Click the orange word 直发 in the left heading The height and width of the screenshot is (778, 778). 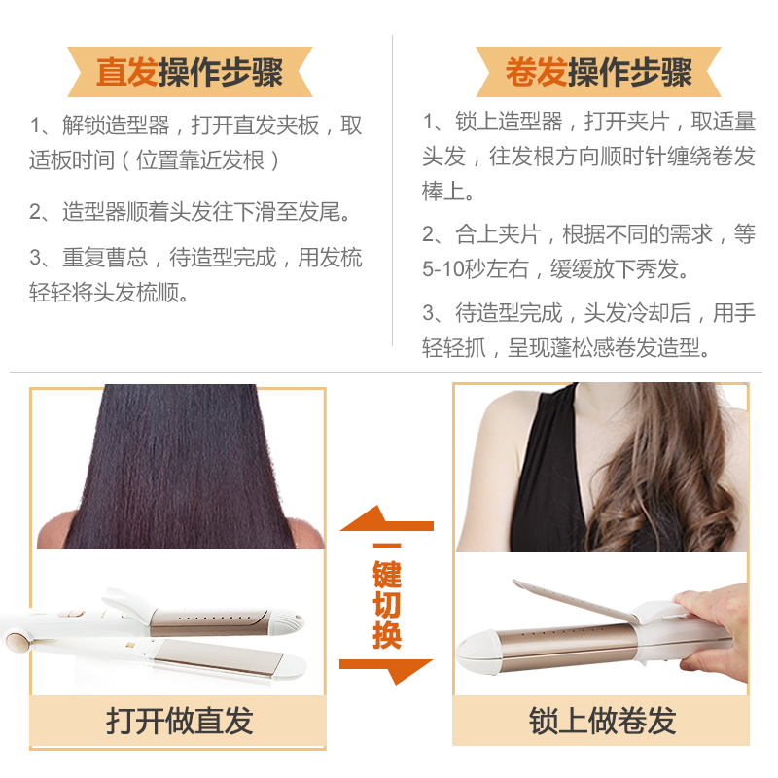coord(127,72)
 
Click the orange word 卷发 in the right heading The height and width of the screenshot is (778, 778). coord(536,72)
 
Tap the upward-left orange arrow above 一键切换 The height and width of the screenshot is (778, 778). coord(386,519)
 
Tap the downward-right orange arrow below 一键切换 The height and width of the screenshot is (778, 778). coord(386,671)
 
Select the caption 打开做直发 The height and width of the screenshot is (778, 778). coord(179,721)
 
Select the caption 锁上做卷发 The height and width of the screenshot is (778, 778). coord(602,721)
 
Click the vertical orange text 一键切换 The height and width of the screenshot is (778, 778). coord(387,595)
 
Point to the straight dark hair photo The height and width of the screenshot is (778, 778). coord(181,467)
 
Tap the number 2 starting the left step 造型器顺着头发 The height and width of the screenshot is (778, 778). coord(36,212)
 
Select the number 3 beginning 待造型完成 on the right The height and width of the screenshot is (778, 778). coord(429,313)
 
